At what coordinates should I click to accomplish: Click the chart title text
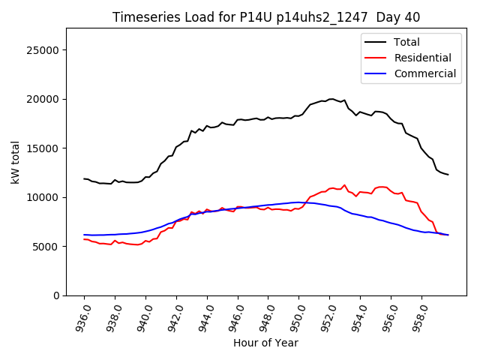pyautogui.click(x=266, y=17)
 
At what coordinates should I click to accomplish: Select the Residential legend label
pyautogui.click(x=422, y=58)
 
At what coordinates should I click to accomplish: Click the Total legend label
pyautogui.click(x=406, y=42)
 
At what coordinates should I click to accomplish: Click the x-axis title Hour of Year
pyautogui.click(x=266, y=343)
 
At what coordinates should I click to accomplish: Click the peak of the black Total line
pyautogui.click(x=331, y=99)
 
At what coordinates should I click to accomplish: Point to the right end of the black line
pyautogui.click(x=448, y=175)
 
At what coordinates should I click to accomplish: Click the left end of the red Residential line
pyautogui.click(x=84, y=239)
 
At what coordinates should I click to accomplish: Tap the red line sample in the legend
pyautogui.click(x=376, y=58)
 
